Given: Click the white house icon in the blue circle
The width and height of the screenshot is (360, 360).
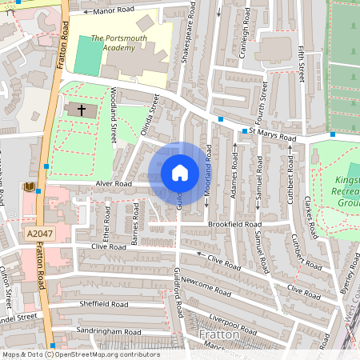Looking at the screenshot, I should [180, 172].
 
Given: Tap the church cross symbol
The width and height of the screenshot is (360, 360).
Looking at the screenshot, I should [78, 110].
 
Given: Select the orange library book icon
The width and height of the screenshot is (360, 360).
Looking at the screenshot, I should [30, 188].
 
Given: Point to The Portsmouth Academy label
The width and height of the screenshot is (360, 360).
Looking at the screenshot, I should [120, 38].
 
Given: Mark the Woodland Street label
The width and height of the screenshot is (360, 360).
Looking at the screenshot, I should [114, 114].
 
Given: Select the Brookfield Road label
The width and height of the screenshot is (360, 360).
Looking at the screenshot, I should [234, 226].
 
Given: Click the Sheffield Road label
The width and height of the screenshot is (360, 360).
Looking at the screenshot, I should [104, 304].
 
